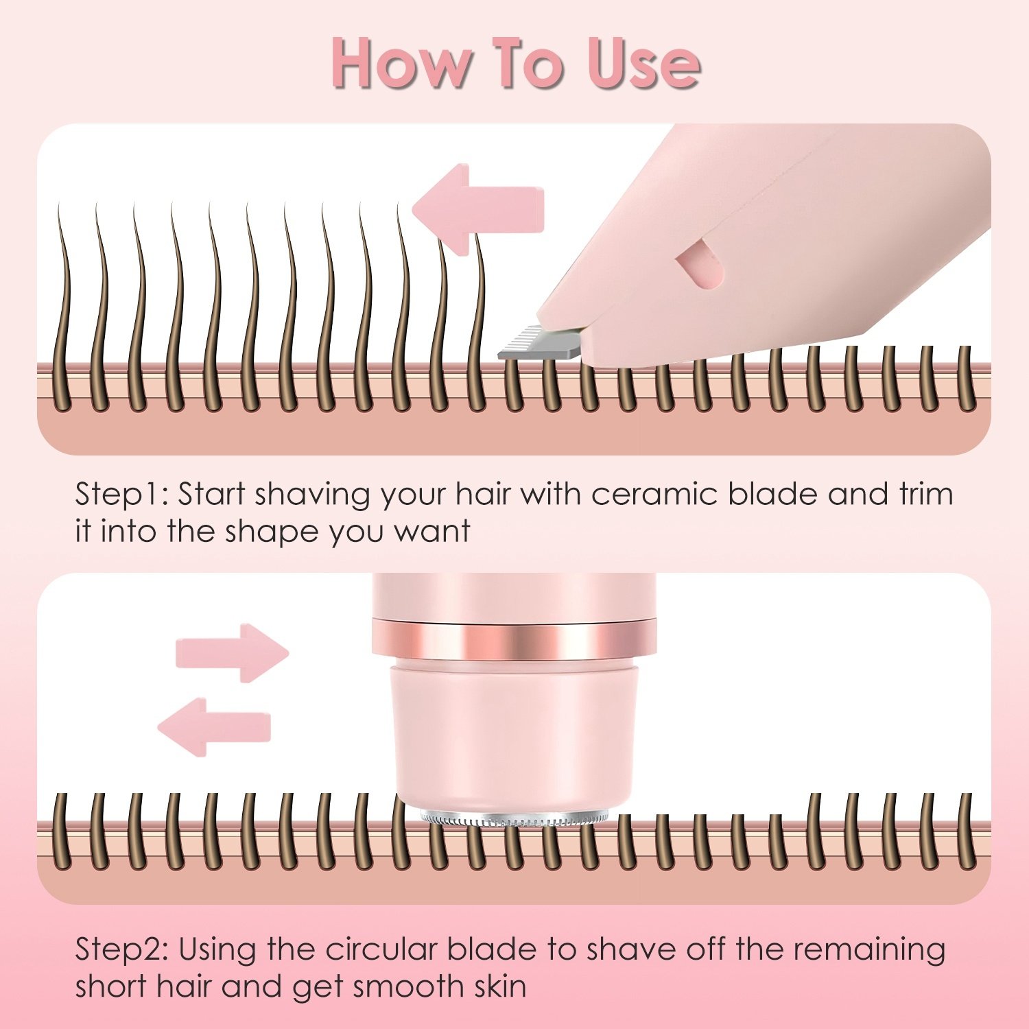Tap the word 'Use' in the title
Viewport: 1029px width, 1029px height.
643,63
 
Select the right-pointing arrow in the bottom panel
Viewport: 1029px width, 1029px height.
232,652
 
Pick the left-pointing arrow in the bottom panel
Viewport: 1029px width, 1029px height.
215,727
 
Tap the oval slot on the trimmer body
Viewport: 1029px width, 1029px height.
700,268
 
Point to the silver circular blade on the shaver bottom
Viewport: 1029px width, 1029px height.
514,817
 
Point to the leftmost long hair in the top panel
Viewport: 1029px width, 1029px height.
64,309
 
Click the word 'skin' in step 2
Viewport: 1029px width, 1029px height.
500,987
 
